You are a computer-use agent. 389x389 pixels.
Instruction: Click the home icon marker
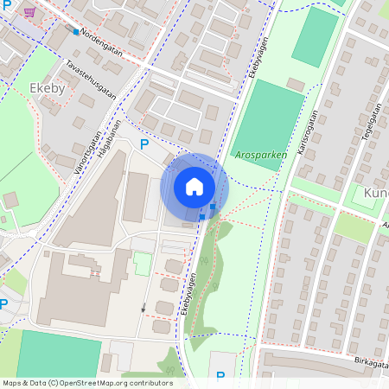pos(194,187)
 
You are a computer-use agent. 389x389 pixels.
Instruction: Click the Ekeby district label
pos(48,88)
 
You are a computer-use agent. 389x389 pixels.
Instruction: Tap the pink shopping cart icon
pos(30,12)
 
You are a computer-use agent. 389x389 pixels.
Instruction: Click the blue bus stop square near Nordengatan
pos(76,32)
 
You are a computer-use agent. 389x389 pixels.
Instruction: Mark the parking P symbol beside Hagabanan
pos(144,145)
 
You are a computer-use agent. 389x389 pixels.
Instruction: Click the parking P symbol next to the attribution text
pos(220,376)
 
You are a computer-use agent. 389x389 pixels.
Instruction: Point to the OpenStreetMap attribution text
pos(86,383)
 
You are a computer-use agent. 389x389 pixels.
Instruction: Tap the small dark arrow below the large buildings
pos(143,308)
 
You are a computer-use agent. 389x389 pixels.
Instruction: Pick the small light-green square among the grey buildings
pos(142,264)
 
